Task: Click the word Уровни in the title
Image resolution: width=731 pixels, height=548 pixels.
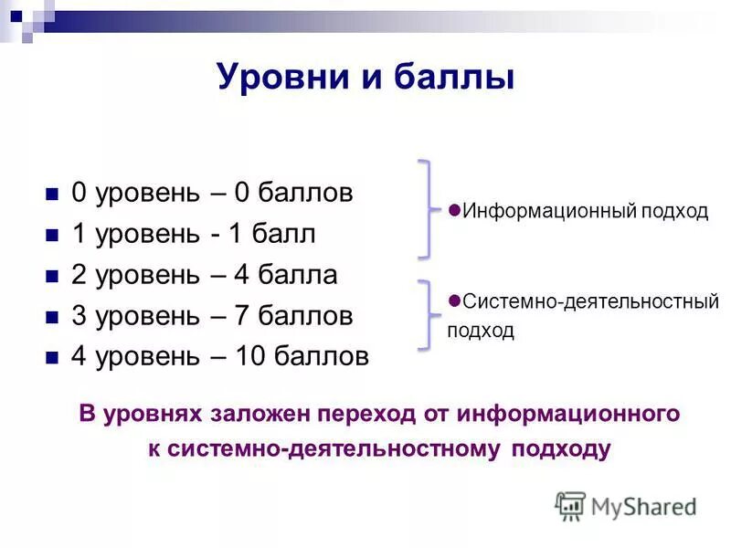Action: (280, 77)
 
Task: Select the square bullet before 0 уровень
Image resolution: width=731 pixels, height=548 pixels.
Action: (51, 195)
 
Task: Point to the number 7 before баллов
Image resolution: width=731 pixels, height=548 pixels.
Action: (242, 316)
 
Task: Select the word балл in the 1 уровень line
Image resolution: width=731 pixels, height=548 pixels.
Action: (284, 235)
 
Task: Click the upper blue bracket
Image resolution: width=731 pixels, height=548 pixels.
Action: (425, 209)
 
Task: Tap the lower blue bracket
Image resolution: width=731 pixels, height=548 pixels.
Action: (425, 314)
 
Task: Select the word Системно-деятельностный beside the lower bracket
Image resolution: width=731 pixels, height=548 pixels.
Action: (590, 301)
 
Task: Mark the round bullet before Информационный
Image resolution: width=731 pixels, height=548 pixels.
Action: (454, 208)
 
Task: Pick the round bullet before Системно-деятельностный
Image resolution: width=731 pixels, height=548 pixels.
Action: (454, 299)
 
